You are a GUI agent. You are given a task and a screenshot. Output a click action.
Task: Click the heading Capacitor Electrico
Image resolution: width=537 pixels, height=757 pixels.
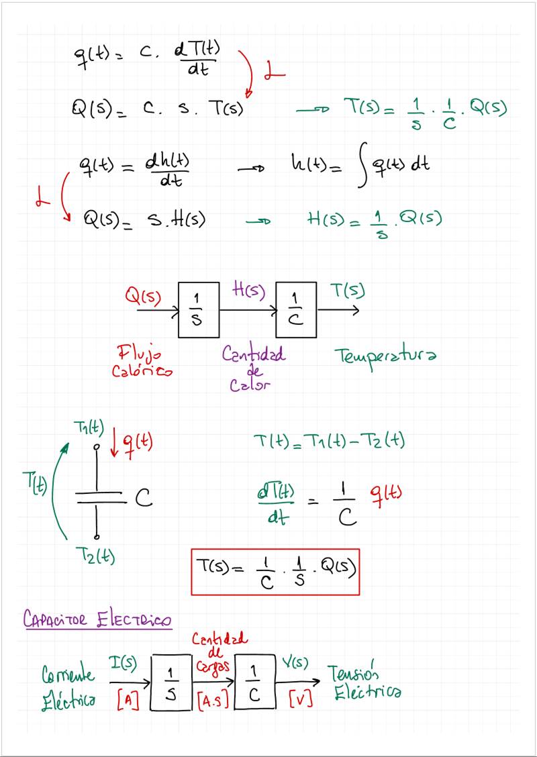point(97,619)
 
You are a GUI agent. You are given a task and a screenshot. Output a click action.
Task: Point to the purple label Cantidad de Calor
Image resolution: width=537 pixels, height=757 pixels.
point(253,368)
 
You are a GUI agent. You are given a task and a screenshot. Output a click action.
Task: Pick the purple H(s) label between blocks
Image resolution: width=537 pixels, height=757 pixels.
point(248,292)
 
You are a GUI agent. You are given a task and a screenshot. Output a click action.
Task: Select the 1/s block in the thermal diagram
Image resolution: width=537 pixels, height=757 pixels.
point(199,310)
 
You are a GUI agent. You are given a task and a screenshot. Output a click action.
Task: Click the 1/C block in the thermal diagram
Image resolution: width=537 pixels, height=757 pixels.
point(296,310)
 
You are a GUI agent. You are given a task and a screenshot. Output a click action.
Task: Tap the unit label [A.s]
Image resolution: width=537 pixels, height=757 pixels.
point(214,701)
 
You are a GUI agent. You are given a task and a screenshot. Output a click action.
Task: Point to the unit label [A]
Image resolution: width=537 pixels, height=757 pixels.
point(127,701)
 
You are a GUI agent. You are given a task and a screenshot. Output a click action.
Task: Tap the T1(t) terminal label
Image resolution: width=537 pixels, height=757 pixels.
point(89,427)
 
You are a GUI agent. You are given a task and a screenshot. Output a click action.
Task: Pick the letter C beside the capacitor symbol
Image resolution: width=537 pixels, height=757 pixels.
point(144,498)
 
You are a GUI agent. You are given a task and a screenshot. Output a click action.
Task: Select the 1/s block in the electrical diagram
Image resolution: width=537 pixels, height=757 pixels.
point(171,682)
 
